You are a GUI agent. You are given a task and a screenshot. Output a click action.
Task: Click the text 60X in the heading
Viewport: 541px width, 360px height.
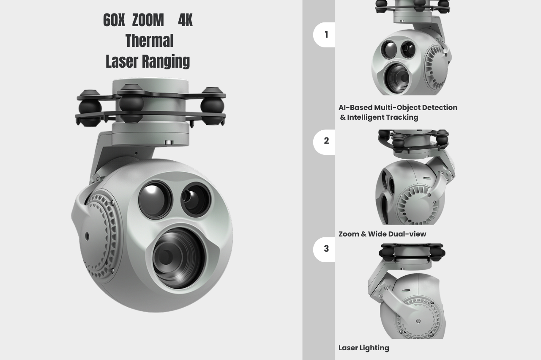[x=114, y=20]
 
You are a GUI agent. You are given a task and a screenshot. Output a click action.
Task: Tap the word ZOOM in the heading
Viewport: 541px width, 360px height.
[x=148, y=20]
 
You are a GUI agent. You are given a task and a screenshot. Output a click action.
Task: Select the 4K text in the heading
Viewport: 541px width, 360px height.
[x=185, y=20]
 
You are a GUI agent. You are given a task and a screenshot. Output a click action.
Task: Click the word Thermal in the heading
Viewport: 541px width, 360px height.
[x=150, y=41]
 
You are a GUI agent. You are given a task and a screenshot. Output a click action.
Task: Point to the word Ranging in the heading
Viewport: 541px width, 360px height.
[x=165, y=62]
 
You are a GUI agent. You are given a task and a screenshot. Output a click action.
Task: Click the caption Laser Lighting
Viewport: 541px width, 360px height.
[x=364, y=348]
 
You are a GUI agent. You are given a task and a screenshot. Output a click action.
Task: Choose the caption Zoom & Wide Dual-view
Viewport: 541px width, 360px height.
[x=383, y=234]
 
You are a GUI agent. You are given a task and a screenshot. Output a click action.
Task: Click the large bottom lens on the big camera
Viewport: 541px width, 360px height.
[x=178, y=258]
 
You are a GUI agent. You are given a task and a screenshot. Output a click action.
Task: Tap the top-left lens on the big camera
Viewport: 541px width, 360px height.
[x=155, y=200]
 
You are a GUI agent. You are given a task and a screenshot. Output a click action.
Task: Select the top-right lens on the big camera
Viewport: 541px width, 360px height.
[x=196, y=199]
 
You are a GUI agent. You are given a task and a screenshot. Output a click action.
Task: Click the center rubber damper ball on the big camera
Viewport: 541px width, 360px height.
[x=131, y=104]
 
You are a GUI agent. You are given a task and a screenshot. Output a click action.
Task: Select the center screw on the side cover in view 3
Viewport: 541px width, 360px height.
[x=418, y=321]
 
